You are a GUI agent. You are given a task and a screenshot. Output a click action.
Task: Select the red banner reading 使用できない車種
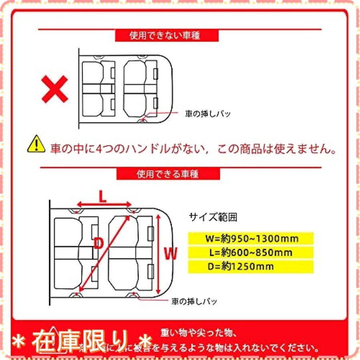pos(167,36)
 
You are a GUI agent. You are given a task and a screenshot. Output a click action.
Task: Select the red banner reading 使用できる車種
pos(168,174)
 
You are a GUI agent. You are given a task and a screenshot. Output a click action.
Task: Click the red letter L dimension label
pos(103,196)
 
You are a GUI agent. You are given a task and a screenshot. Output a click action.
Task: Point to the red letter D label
pos(98,243)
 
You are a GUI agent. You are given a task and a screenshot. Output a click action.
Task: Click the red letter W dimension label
pos(171,253)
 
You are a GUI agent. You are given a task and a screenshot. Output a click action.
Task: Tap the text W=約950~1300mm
pos(251,239)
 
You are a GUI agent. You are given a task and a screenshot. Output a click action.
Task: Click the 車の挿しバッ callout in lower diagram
pos(194,301)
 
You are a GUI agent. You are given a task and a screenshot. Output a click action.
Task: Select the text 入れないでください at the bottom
pos(288,347)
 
